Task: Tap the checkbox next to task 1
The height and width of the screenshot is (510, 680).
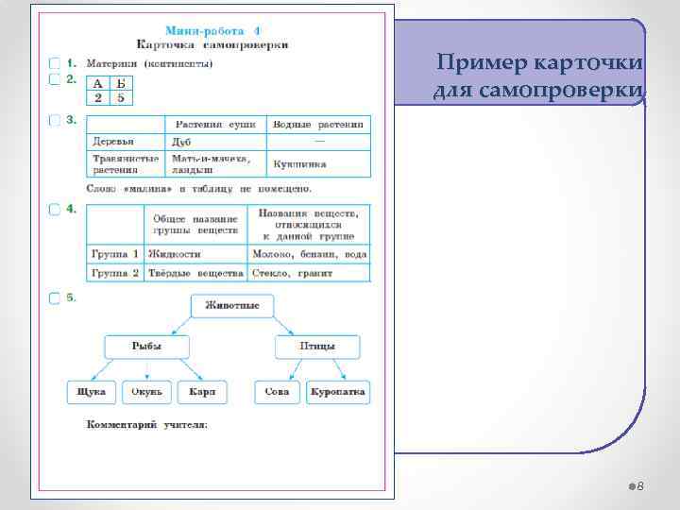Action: [55, 63]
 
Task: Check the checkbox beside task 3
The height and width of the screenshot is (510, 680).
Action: [55, 120]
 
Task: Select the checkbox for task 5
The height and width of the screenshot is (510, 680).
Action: [55, 298]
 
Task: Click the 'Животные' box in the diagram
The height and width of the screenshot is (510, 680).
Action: [232, 306]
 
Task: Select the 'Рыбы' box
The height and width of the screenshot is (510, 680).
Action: [146, 347]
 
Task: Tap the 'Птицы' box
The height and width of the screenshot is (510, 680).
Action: [317, 347]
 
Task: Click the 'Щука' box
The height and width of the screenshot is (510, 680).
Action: [92, 392]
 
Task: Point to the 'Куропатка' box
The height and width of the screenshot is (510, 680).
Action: [338, 392]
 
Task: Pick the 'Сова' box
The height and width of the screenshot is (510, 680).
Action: [278, 392]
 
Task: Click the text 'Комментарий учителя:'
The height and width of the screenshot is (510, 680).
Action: [147, 425]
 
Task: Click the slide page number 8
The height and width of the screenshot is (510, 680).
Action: [639, 485]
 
